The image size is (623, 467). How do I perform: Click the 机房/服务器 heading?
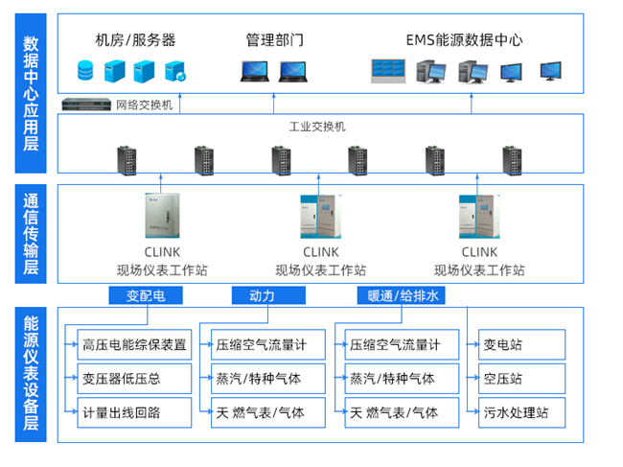(135, 40)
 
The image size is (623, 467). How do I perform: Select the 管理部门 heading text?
(274, 40)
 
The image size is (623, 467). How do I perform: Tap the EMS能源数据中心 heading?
(464, 40)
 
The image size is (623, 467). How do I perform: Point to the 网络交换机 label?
(144, 105)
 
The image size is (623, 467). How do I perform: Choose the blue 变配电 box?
(146, 295)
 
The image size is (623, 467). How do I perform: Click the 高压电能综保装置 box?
(134, 344)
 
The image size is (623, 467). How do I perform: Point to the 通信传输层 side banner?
(31, 234)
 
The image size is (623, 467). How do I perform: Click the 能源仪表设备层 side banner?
(31, 375)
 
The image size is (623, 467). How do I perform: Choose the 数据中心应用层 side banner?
(31, 92)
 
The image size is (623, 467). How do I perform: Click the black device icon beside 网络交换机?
(86, 105)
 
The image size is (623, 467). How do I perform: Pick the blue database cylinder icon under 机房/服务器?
(85, 70)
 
